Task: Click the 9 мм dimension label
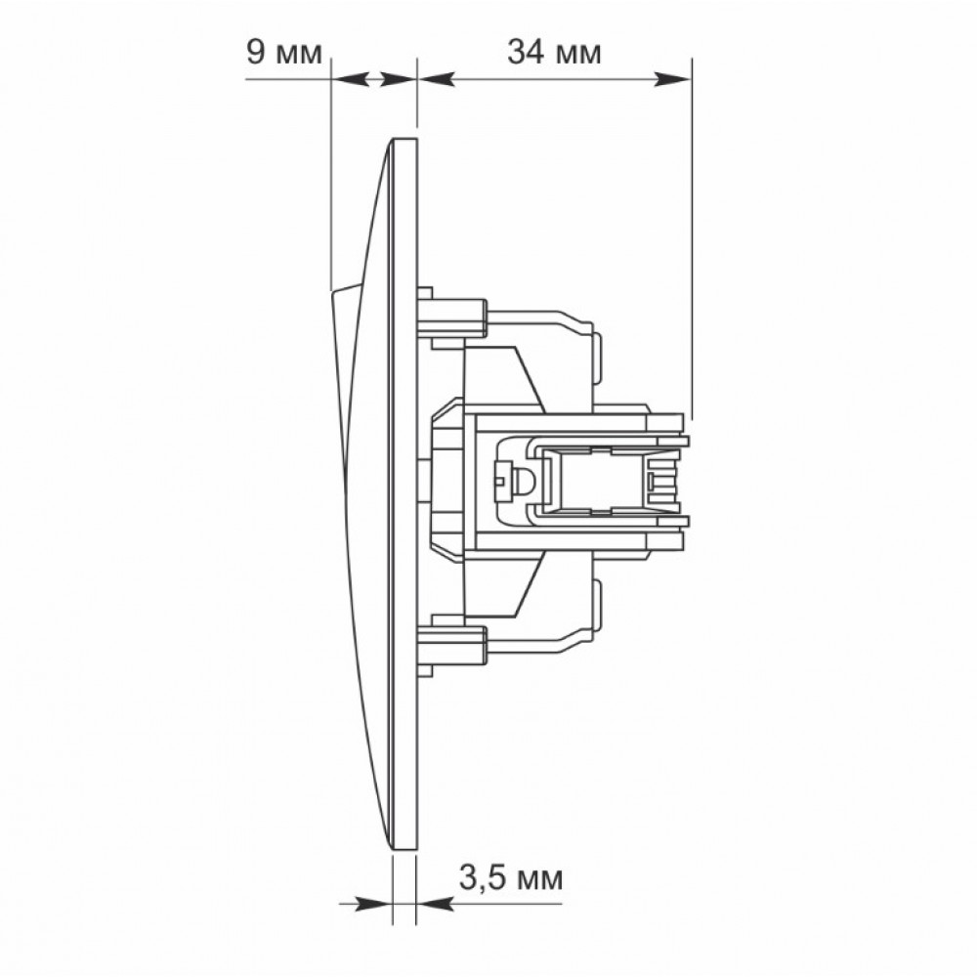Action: coord(284,52)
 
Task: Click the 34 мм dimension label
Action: coord(554,52)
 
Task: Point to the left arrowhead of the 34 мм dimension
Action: coord(435,79)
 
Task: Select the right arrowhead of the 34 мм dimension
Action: coord(673,79)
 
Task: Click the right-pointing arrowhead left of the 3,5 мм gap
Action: coord(374,904)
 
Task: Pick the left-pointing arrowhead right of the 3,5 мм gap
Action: coord(435,904)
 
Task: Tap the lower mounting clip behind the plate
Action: coord(451,645)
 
